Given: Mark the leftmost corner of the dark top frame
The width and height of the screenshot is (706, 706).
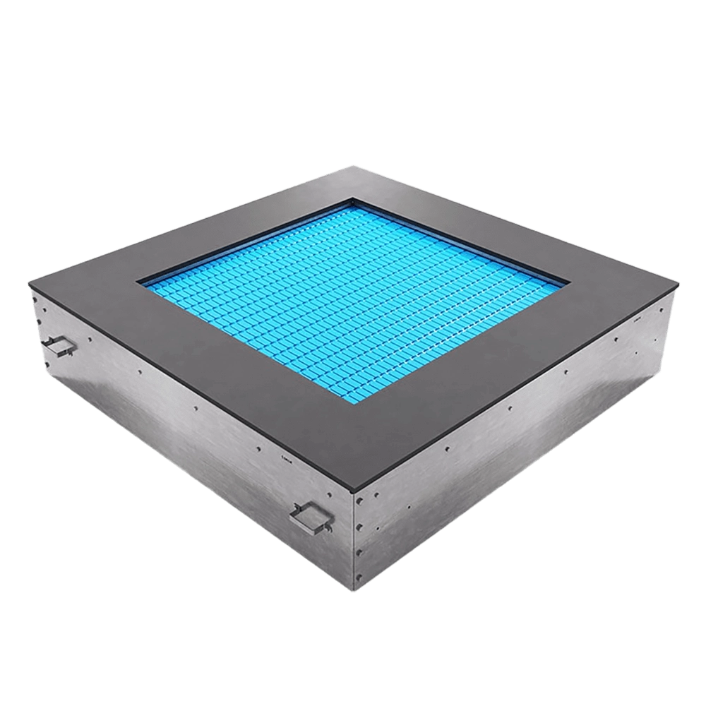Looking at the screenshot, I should pos(28,285).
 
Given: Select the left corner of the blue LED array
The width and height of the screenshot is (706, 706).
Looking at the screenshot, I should pos(141,282).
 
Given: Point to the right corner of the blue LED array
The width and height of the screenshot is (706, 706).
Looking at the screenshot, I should pos(567,285).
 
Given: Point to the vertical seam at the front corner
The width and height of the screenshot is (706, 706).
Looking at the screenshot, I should pos(352,551).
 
